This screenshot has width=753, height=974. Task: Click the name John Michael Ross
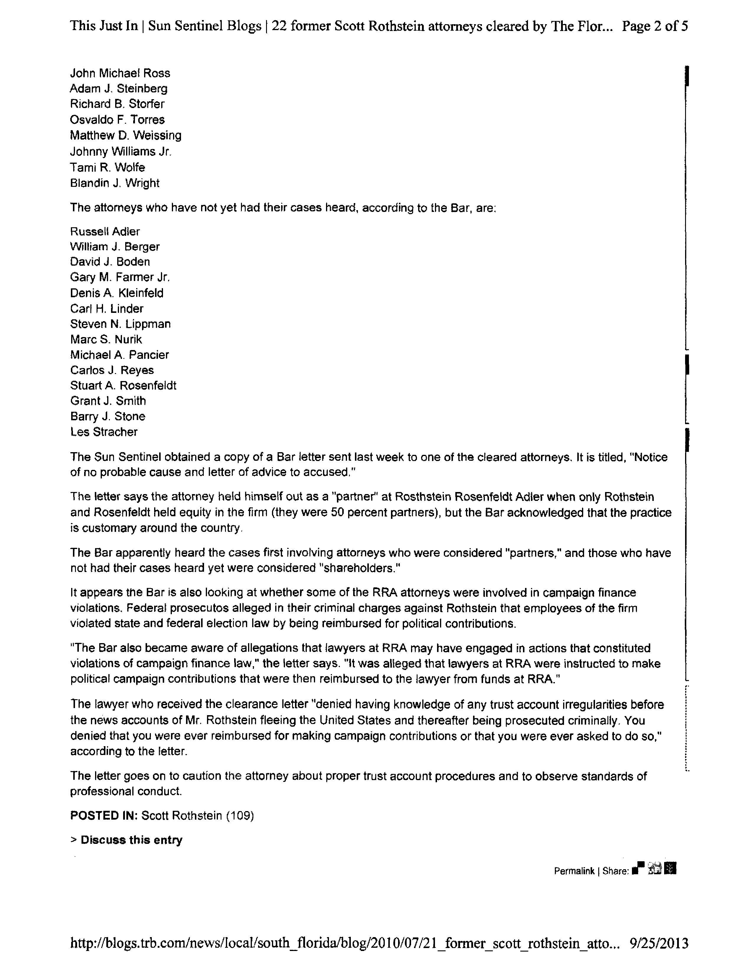[120, 73]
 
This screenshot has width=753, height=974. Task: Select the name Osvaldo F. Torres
[117, 120]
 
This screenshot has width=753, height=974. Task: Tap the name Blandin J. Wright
[115, 183]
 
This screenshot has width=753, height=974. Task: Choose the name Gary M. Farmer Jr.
[120, 277]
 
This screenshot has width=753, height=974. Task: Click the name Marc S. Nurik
[106, 339]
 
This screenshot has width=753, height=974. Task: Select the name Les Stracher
[104, 432]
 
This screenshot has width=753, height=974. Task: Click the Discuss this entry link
[131, 840]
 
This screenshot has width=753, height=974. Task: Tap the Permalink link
[574, 871]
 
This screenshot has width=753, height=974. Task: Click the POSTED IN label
[104, 816]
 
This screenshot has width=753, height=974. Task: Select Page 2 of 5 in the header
[655, 26]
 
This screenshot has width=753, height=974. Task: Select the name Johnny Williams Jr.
[121, 152]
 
